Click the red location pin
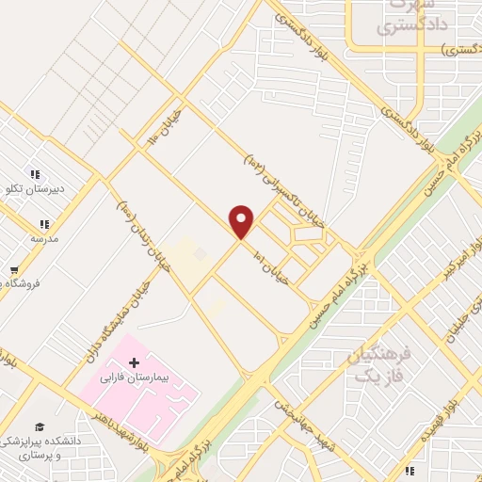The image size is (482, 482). click(x=242, y=221)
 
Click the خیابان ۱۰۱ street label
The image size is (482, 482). click(x=274, y=266)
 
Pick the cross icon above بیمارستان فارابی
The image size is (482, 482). click(x=134, y=362)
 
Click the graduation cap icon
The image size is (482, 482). click(x=39, y=427)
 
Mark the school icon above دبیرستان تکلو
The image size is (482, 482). click(x=35, y=174)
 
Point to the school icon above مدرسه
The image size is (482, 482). click(x=43, y=223)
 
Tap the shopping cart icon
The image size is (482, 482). click(x=13, y=269)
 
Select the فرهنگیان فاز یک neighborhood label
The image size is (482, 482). click(x=380, y=365)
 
